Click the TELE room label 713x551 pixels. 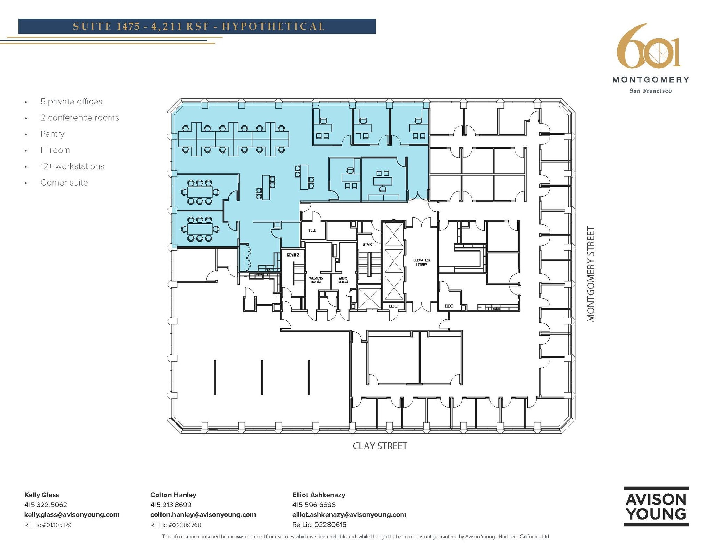coord(312,230)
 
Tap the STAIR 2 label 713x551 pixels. coord(293,255)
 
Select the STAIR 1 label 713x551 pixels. coord(368,245)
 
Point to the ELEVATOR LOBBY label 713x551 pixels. coord(422,262)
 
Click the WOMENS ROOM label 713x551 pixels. coord(316,280)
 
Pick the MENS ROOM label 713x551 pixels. coord(343,280)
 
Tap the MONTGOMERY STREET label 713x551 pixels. coord(591,274)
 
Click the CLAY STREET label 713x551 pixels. coord(380,446)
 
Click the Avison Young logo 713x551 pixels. coord(656,506)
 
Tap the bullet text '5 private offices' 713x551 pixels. coord(71,102)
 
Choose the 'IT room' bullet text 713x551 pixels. coord(55,150)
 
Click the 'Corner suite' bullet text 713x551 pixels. coord(64,183)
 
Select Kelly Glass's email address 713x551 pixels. coord(72,515)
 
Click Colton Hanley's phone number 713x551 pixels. coord(171,505)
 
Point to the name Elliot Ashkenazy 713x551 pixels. coord(319,495)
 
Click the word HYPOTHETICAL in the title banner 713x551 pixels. coord(273,26)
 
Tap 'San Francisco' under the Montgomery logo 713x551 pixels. coord(650,91)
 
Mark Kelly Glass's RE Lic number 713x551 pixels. coord(48,525)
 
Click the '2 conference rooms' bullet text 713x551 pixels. coord(80,118)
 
